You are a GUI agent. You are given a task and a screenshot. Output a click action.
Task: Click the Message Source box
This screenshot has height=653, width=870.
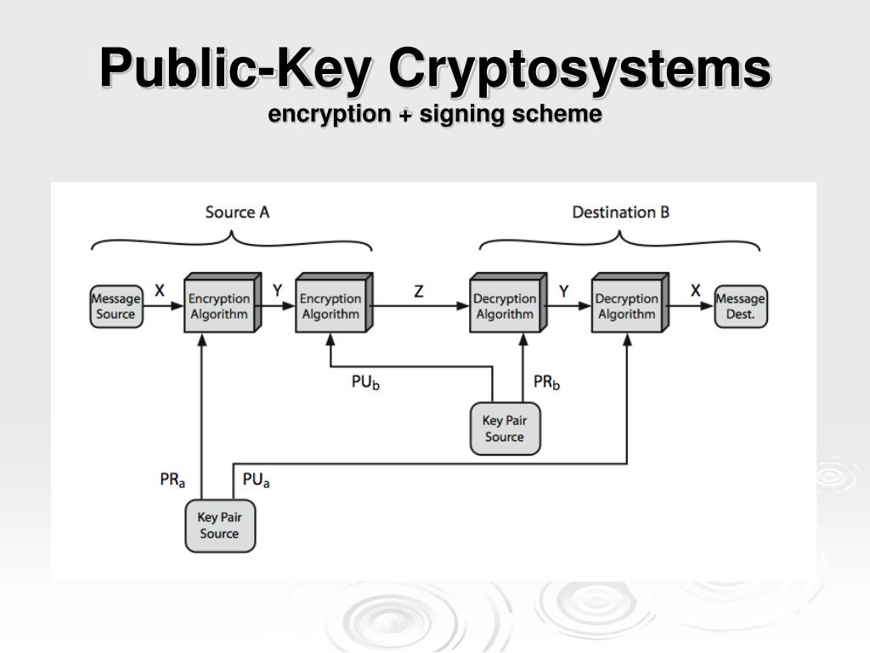tap(116, 307)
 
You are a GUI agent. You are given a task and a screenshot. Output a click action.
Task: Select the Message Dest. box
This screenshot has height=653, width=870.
tap(740, 307)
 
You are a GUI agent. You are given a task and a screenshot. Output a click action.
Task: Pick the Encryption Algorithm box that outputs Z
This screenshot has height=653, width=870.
tap(330, 307)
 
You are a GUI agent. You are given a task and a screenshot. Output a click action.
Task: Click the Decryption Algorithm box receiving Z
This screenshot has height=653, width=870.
tap(505, 307)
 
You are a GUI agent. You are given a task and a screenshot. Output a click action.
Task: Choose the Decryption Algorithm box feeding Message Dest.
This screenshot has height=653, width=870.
tap(626, 307)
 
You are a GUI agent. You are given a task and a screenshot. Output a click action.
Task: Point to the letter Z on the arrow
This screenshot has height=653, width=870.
tap(418, 292)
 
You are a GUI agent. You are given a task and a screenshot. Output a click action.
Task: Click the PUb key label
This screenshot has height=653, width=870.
tap(365, 383)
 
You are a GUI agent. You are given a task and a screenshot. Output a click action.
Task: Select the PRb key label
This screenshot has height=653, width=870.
tap(546, 383)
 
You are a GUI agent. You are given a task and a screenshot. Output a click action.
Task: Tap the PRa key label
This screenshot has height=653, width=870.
tap(172, 480)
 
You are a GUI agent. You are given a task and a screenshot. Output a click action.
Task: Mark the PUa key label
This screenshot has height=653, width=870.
tap(256, 480)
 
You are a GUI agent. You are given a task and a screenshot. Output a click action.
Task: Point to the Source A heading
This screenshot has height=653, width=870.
tap(237, 213)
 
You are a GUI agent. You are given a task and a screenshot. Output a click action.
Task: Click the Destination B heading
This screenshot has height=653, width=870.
tap(620, 213)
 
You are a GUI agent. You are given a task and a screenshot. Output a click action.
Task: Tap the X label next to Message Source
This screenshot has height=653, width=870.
tap(160, 291)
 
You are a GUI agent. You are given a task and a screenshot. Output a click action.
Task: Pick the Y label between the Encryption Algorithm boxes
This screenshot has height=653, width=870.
tap(277, 291)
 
